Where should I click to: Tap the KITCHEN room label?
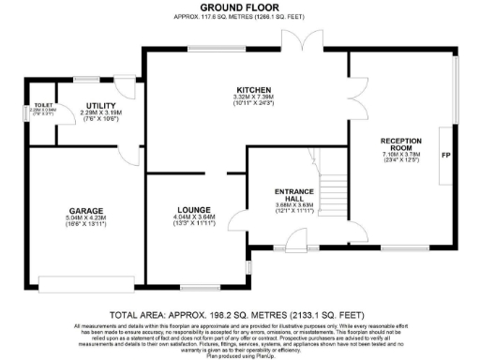coord(253,88)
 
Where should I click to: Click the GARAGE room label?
coord(84,210)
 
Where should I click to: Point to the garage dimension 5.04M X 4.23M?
coord(84,217)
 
